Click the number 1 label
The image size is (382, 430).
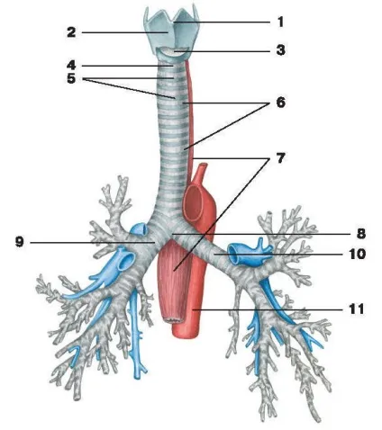click(280, 22)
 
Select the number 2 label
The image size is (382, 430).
click(71, 32)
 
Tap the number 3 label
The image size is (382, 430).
click(280, 50)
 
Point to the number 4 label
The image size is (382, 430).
click(71, 66)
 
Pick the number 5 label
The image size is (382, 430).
click(71, 78)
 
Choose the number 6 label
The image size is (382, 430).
click(280, 103)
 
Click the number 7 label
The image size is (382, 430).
click(280, 158)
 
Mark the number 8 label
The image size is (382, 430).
click(361, 233)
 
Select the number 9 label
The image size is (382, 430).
click(20, 242)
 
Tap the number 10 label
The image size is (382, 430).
click(357, 254)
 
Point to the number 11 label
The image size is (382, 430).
click(357, 309)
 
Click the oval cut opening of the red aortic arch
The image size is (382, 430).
click(194, 202)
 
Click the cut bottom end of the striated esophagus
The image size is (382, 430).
click(173, 319)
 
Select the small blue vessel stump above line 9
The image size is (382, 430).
click(139, 229)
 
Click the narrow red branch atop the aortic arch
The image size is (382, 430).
click(201, 172)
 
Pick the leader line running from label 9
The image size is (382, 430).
click(93, 243)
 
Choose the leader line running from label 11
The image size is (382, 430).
click(268, 309)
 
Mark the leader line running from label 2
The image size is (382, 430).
click(124, 32)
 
